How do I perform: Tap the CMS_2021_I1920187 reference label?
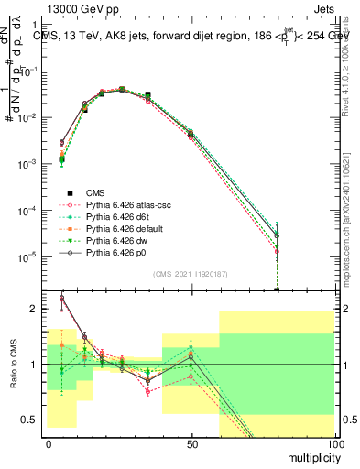[191, 274]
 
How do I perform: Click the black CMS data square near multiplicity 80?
[277, 289]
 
